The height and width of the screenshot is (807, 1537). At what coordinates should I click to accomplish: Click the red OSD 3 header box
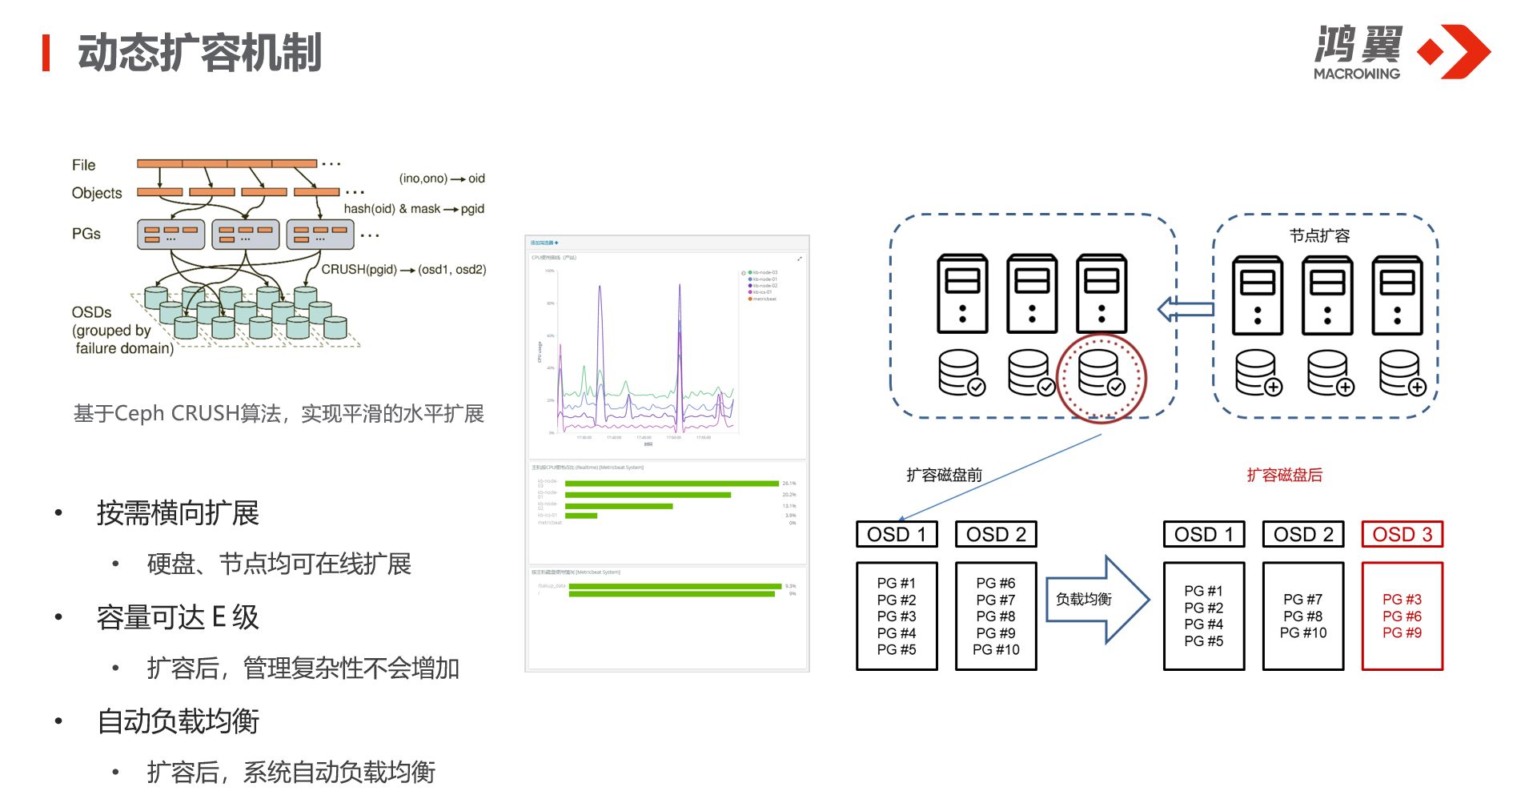(x=1402, y=535)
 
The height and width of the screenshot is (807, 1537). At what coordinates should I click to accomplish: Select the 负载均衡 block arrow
(x=1097, y=600)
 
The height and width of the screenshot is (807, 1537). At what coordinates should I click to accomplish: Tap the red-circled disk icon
(x=1101, y=374)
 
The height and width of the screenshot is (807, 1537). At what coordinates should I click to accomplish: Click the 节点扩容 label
(x=1319, y=235)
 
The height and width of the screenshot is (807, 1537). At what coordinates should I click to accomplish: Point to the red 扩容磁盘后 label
(x=1284, y=475)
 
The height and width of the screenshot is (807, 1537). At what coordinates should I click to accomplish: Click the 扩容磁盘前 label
(x=944, y=475)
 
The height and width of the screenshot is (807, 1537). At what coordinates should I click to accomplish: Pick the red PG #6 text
(x=1402, y=616)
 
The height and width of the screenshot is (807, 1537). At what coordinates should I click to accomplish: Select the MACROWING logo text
(x=1356, y=74)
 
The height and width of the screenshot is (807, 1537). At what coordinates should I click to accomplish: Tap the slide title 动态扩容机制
(x=199, y=53)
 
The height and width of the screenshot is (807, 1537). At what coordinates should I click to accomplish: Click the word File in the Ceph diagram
(x=83, y=165)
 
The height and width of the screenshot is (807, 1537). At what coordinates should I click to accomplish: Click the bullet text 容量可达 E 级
(x=178, y=617)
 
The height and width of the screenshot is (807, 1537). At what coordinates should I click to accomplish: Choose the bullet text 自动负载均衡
(x=178, y=721)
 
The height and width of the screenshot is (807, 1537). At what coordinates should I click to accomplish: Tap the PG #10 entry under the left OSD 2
(x=996, y=650)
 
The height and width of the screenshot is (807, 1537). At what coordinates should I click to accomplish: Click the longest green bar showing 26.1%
(x=671, y=484)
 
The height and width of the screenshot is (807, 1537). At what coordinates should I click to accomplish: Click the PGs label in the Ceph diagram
(x=86, y=234)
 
